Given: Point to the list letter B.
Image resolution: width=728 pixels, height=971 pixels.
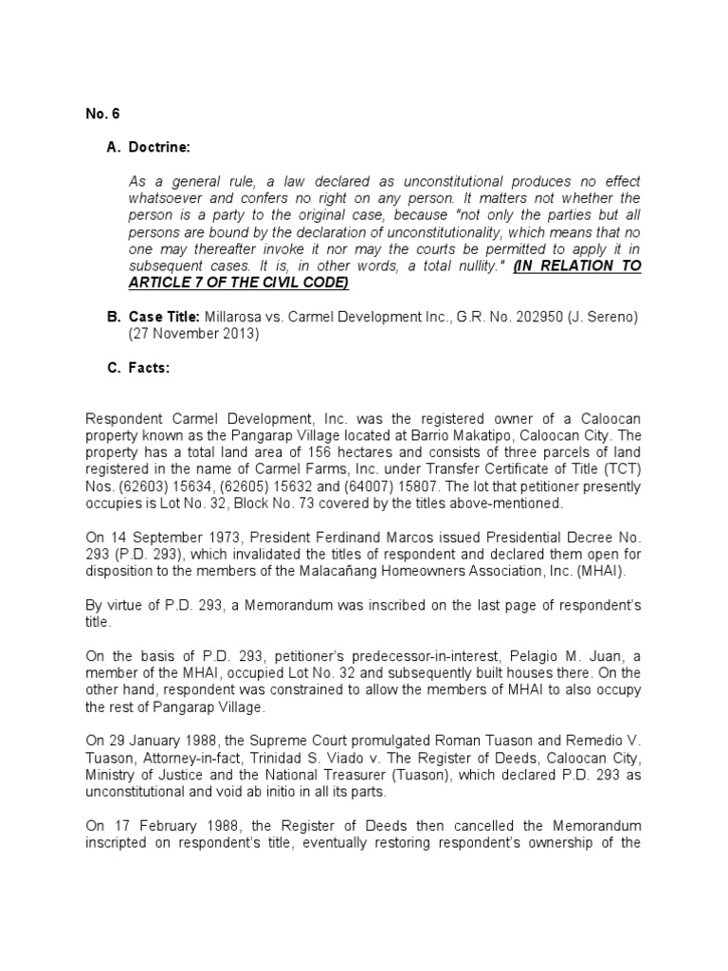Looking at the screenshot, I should tap(111, 317).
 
